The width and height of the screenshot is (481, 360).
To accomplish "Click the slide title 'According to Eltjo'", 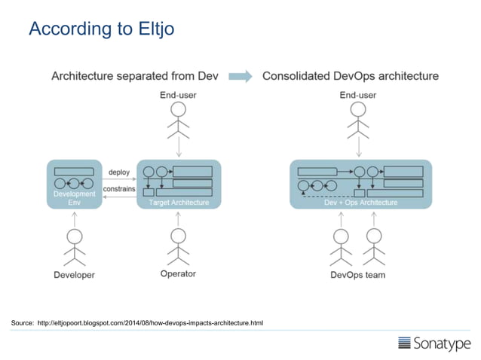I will tap(101, 29).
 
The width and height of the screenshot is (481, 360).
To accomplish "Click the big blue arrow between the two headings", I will tap(240, 76).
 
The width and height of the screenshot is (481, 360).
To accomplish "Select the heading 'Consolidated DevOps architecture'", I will tap(350, 76).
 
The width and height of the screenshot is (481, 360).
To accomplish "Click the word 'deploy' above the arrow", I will tap(119, 172).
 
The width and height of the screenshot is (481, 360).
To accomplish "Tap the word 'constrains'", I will tap(119, 188).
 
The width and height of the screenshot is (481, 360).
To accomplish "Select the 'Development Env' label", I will tap(74, 198).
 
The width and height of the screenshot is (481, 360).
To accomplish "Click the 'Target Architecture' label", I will tap(178, 203).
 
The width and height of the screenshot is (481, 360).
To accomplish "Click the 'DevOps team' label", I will tap(357, 275).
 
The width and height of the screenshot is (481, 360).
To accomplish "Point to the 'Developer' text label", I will tap(74, 275).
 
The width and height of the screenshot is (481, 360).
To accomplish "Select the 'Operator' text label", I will tap(178, 274).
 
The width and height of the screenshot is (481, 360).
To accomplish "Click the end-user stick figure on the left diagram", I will tap(178, 118).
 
